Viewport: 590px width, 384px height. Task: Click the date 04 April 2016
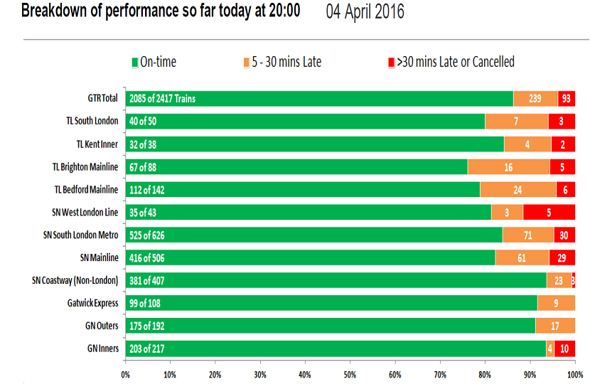365,12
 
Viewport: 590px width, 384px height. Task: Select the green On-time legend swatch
134,63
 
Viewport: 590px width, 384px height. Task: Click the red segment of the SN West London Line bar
549,212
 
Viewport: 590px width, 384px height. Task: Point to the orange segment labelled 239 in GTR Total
535,98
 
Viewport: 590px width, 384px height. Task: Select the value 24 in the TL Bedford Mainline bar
517,189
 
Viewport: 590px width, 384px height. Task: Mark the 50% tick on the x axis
350,373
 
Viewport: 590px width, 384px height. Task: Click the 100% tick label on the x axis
575,373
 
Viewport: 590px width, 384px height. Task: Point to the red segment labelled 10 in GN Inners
564,348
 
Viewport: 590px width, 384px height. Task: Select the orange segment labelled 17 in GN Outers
554,326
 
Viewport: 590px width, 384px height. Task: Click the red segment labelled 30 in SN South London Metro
564,235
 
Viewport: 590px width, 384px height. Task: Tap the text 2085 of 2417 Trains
162,98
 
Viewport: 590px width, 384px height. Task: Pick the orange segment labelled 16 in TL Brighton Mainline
508,166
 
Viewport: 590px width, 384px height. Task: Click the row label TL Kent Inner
97,144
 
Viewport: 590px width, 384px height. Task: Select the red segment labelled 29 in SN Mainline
562,257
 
